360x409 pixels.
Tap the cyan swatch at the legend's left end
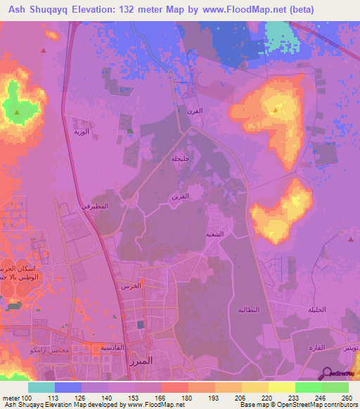(41, 387)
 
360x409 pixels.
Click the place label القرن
(194, 110)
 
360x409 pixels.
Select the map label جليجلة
(181, 158)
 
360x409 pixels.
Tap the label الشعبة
(214, 233)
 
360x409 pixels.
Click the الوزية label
(82, 131)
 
